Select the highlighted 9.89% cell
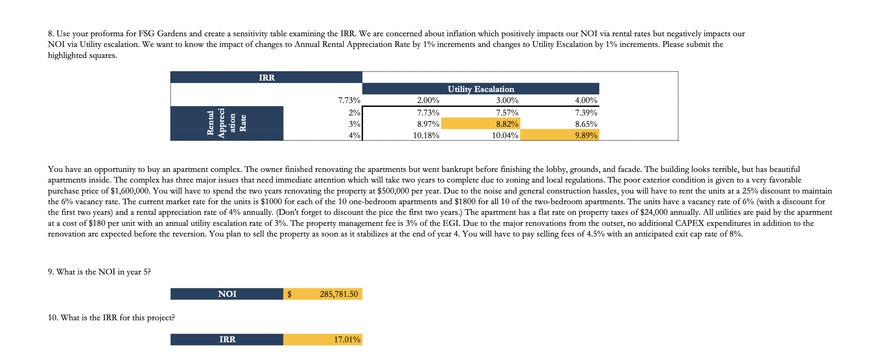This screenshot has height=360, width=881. [586, 135]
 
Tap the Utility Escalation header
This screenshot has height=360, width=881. [481, 89]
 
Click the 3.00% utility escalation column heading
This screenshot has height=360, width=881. [507, 100]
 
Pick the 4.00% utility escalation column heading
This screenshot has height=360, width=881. [586, 100]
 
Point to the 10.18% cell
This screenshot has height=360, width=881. [426, 135]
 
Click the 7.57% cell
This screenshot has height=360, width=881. [507, 113]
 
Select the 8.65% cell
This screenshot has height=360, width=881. [586, 124]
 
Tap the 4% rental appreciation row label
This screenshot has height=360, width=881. [354, 135]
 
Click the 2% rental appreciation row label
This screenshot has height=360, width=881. [354, 113]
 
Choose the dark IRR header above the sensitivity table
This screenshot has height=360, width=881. [266, 77]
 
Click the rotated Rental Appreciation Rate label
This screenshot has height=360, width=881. [226, 123]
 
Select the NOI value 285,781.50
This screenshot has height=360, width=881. [339, 294]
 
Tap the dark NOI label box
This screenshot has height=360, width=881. [227, 294]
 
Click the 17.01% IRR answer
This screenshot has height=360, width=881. [347, 339]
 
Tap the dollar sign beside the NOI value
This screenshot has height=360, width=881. [289, 294]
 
